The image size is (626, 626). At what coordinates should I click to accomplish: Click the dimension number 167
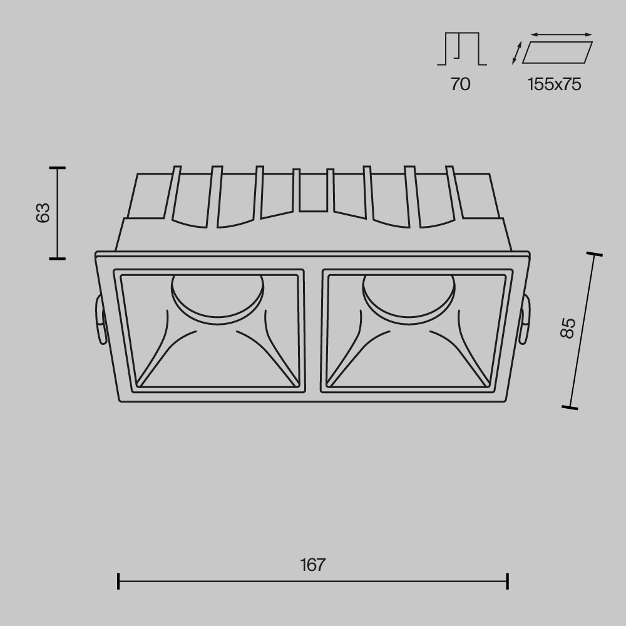tap(312, 565)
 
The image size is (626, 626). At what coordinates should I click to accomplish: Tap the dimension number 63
tap(43, 213)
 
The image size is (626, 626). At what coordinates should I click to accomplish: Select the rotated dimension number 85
tap(567, 328)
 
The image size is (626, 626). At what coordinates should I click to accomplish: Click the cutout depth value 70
tap(460, 84)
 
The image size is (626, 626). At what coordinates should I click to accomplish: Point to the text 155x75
tap(554, 84)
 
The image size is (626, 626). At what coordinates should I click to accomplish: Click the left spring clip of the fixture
tap(99, 319)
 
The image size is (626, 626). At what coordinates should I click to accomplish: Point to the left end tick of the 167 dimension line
tap(118, 581)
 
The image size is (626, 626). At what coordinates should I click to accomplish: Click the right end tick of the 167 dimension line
tap(507, 581)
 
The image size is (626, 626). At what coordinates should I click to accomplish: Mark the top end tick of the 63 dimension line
tap(58, 168)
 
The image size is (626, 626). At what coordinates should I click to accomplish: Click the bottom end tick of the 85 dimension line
tap(570, 408)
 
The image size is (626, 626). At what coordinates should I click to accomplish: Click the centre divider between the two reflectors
tap(313, 331)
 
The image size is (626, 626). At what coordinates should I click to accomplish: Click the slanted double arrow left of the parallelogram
tap(516, 53)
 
